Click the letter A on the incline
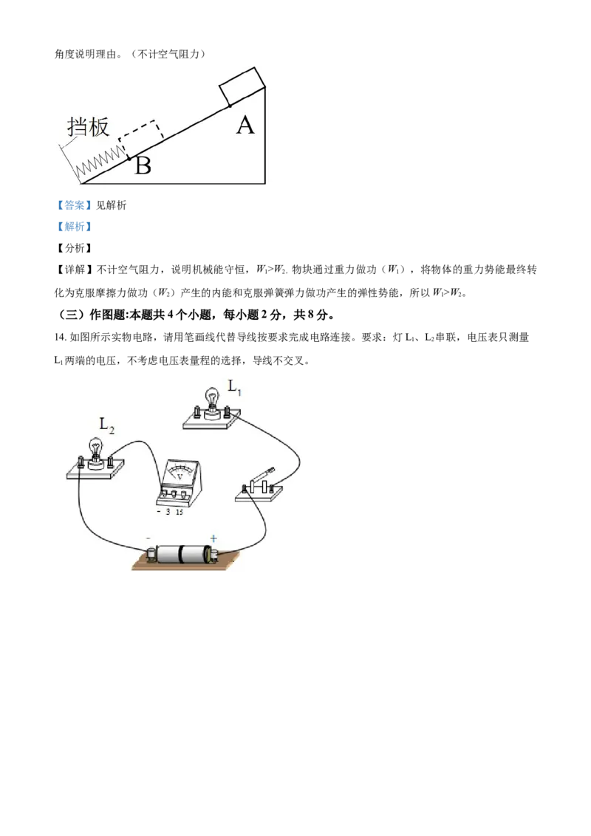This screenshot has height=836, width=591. click(x=245, y=126)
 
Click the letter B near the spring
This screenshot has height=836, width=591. click(x=143, y=165)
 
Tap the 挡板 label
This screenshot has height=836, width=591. click(x=88, y=127)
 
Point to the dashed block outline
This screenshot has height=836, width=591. click(x=141, y=137)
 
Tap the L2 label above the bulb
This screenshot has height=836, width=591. click(x=106, y=425)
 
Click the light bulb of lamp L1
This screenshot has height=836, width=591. click(x=212, y=398)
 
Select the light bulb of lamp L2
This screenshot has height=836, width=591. click(x=96, y=448)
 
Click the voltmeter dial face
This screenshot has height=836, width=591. click(x=180, y=473)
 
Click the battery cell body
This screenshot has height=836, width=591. click(x=181, y=554)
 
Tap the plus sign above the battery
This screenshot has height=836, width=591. click(x=214, y=538)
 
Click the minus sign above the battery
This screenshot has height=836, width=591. click(x=148, y=538)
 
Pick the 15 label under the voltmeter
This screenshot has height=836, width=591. click(x=180, y=512)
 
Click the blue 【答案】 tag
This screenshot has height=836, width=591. click(x=74, y=205)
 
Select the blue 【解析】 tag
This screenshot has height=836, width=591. click(x=74, y=227)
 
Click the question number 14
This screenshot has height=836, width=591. click(x=61, y=337)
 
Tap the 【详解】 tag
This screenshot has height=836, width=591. click(x=74, y=270)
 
